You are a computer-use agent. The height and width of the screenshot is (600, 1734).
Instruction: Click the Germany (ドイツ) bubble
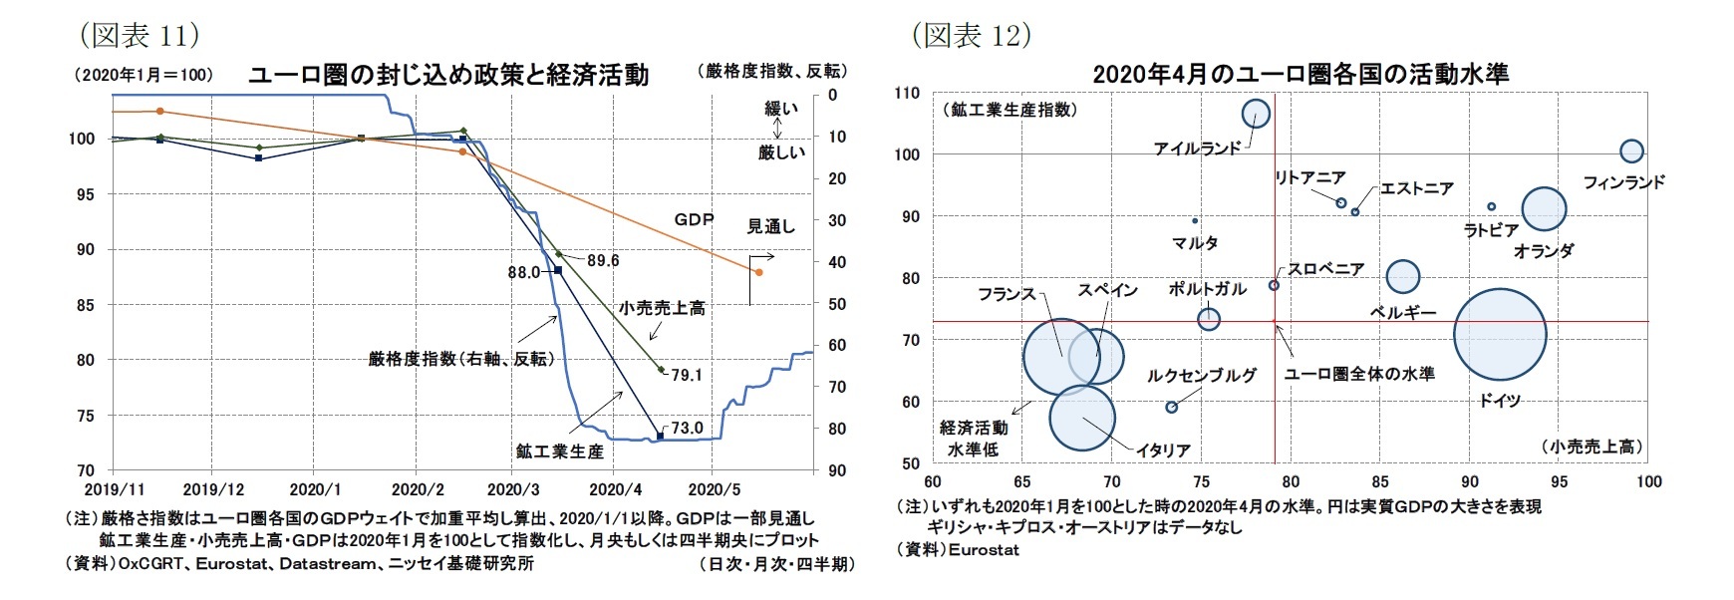coord(1500,334)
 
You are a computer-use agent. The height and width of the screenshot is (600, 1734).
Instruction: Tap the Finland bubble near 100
coord(1631,151)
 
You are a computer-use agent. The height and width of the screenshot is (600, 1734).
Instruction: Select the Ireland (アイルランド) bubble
coord(1257,114)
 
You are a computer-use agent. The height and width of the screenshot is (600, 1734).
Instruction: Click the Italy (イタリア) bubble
coord(1082,419)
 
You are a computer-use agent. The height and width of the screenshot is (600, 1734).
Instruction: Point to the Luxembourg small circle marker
coord(1172,407)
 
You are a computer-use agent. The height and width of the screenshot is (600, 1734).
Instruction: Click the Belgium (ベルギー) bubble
coord(1403,276)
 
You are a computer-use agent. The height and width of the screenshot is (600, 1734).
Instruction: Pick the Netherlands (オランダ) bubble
coord(1545,209)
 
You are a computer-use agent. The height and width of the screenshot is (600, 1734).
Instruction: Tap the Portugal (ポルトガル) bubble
coord(1209,319)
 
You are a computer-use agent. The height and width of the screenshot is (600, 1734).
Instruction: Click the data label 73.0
coord(688,429)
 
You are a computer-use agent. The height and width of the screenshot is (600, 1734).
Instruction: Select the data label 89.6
coord(602,260)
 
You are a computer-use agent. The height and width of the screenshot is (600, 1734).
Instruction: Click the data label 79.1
coord(687,376)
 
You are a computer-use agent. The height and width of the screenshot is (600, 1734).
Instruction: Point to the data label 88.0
coord(524,271)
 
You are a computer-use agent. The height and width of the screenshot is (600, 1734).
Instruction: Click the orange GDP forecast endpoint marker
coord(758,272)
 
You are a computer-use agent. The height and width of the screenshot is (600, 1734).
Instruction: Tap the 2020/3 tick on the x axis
coord(512,489)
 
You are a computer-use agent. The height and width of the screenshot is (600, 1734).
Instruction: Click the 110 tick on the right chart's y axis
coord(907,93)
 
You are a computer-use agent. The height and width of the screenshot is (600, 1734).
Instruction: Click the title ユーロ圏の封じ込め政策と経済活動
coord(447,75)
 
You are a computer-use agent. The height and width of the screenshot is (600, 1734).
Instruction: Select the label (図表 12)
coord(971,35)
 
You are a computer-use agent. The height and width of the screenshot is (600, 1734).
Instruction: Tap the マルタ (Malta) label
coord(1195,243)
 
